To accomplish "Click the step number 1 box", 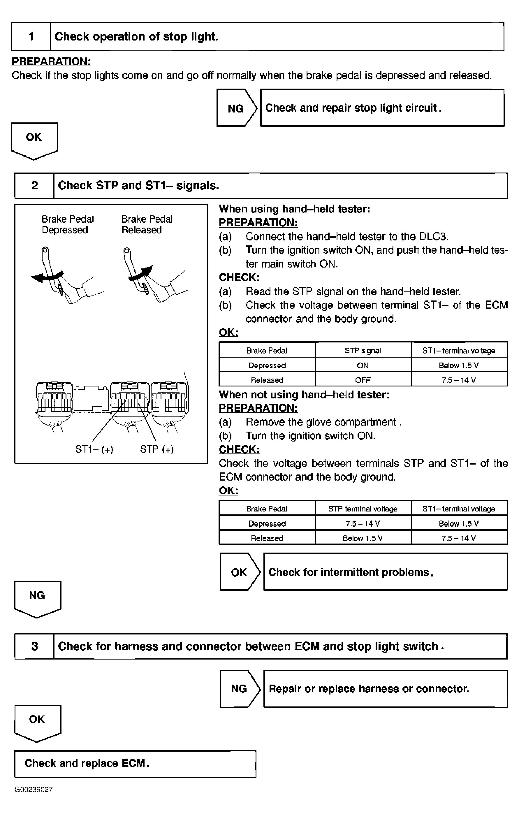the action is pos(31,36).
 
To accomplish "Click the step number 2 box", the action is pos(34,186).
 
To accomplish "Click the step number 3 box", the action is pos(34,646).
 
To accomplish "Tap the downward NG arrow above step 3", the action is pos(38,599).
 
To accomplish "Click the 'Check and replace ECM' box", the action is pos(135,764).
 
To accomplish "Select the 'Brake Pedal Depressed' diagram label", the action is pos(68,224).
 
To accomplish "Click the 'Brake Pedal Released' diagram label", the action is pos(147,224).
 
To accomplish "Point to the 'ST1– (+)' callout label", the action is pos(94,449).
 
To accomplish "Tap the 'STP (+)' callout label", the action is pos(157,449).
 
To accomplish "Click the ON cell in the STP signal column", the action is pos(363,365).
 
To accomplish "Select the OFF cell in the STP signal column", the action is pos(363,380).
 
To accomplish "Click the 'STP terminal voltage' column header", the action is pos(363,509).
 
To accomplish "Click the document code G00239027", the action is pos(34,790).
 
